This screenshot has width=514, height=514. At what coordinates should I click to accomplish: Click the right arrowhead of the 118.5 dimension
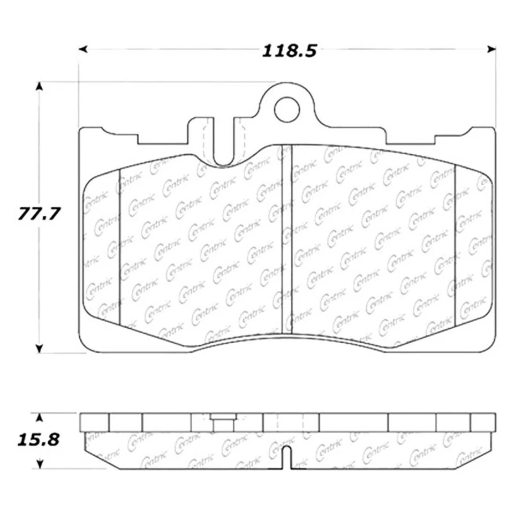pyautogui.click(x=491, y=49)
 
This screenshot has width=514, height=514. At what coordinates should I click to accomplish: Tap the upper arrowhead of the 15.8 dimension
pyautogui.click(x=39, y=417)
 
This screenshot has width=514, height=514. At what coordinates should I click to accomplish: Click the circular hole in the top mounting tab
pyautogui.click(x=286, y=109)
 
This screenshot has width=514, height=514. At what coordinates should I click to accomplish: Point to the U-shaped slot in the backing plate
pyautogui.click(x=223, y=142)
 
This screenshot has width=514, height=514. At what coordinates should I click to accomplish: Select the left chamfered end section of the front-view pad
pyautogui.click(x=102, y=246)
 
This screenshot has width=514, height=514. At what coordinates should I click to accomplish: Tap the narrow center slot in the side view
pyautogui.click(x=287, y=456)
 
